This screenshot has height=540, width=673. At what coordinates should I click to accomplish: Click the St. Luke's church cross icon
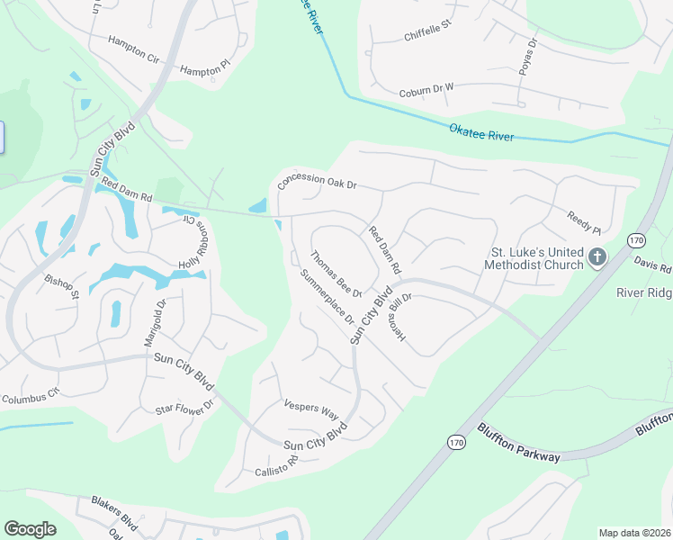(x=597, y=259)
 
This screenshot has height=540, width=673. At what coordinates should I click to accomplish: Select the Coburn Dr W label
(x=426, y=92)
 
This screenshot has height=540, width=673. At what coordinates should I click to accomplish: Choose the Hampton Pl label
(x=205, y=68)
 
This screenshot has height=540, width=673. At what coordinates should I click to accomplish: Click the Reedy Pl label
(x=583, y=222)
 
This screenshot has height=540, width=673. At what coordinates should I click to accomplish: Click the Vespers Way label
(x=310, y=409)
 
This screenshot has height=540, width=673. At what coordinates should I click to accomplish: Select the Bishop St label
(x=62, y=286)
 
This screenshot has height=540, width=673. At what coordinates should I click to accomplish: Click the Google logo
(x=30, y=529)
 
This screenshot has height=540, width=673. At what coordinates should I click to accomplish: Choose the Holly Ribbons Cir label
(x=194, y=243)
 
